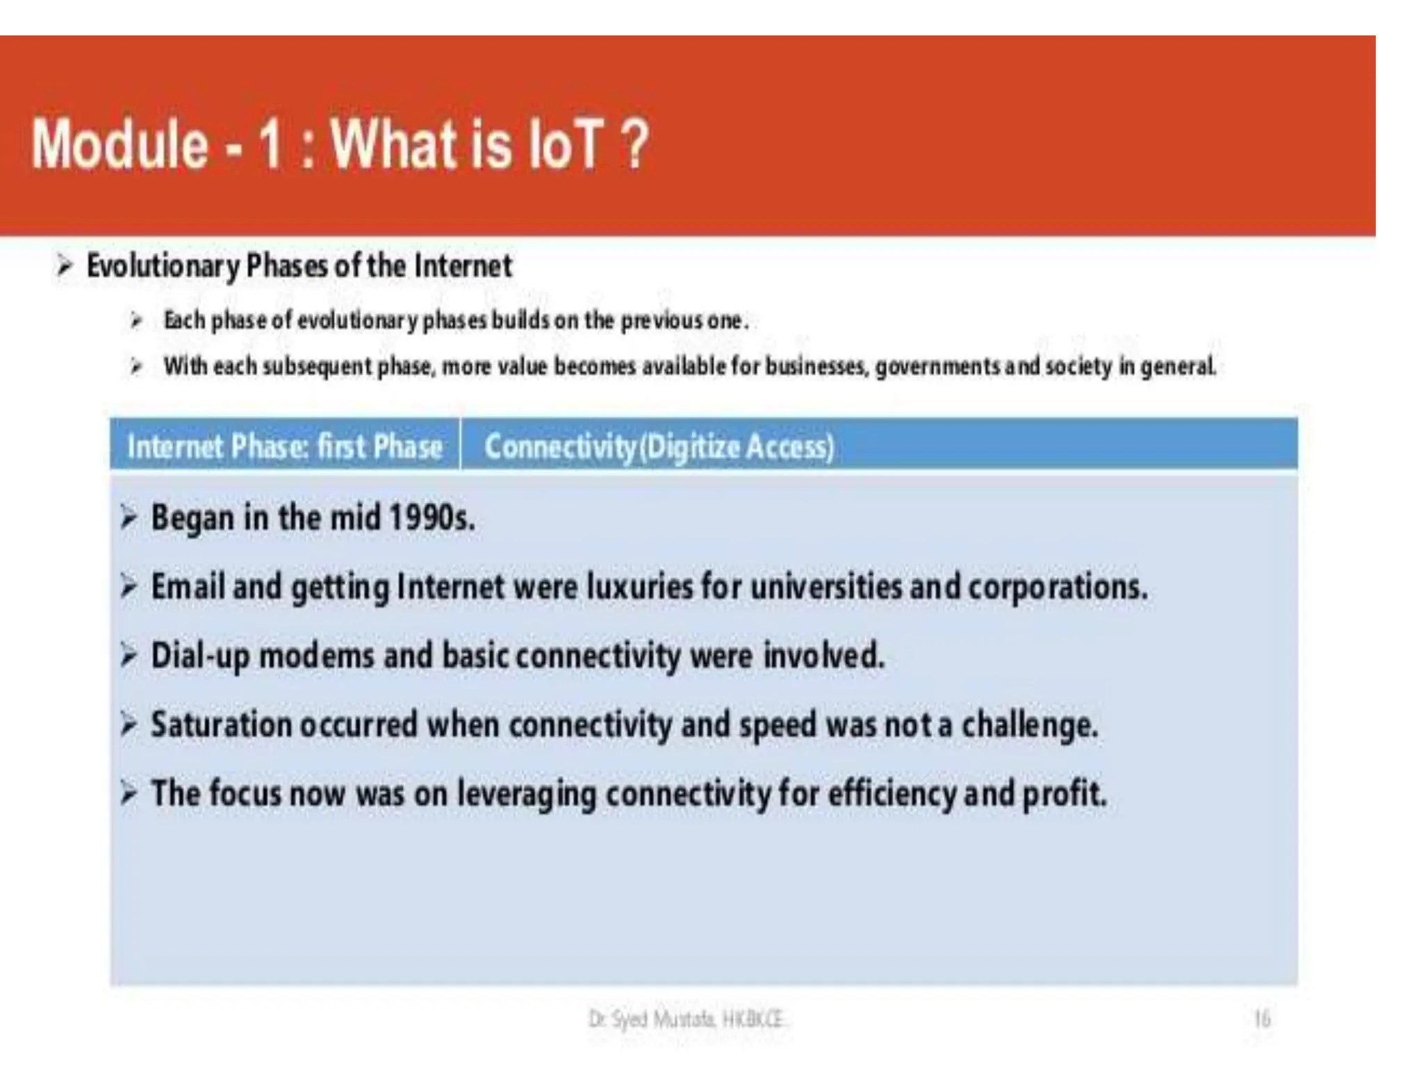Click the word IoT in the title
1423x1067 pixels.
(x=563, y=144)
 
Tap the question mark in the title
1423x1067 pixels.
(x=634, y=144)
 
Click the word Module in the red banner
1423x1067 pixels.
(x=120, y=144)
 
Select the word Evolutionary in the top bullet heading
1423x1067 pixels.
(x=163, y=266)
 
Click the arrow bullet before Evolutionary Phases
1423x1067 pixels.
(x=64, y=265)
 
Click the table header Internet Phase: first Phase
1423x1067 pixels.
(x=285, y=446)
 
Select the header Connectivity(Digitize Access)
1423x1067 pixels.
(x=659, y=446)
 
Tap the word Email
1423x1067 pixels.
(x=188, y=586)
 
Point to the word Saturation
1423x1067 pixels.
(x=221, y=725)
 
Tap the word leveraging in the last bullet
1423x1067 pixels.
(x=526, y=795)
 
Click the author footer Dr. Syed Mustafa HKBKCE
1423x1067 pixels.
(x=686, y=1019)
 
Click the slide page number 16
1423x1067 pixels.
(x=1262, y=1019)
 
